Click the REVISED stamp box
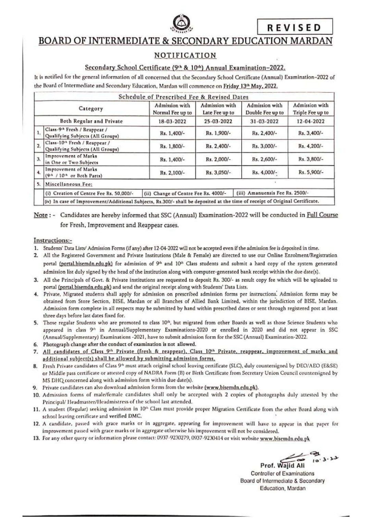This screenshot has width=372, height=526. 294,27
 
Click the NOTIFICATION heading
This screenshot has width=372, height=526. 185,55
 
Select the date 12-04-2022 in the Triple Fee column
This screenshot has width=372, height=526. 311,121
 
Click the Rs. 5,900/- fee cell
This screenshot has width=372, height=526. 311,173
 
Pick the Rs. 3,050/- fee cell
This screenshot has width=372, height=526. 218,173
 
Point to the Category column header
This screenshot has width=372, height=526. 91,109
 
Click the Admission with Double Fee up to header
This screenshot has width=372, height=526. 265,109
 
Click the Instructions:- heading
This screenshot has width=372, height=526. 53,240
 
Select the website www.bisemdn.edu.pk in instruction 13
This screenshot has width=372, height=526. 285,439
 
